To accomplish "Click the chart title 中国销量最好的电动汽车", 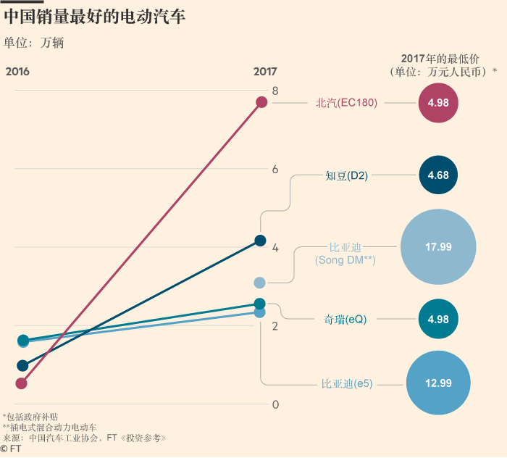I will (94, 17).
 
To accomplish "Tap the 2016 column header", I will (17, 72).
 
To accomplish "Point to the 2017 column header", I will (265, 72).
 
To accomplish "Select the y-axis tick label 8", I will (275, 91).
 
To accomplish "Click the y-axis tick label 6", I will (275, 170).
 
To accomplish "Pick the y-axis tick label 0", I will (275, 404).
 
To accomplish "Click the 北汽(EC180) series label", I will (346, 103).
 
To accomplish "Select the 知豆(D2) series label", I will (347, 175).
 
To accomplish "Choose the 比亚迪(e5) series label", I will (347, 383).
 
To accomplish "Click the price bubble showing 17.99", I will (438, 247).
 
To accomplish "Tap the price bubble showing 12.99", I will (438, 383).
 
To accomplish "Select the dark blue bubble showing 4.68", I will (438, 175).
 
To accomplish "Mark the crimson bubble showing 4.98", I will (438, 103).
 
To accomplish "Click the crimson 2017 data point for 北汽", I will (261, 102).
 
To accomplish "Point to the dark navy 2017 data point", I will (261, 241).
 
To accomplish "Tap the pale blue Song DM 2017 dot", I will (260, 282).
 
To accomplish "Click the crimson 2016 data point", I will (22, 383).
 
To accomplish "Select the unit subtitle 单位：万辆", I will (34, 43).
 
